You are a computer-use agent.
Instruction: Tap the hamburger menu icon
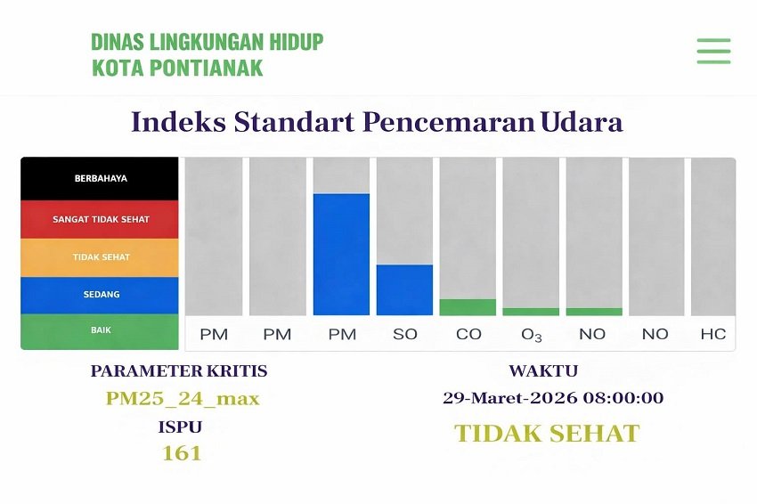point(713,51)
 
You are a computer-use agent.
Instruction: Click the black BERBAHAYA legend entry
point(100,178)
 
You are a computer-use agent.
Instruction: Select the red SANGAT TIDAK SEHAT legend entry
point(100,219)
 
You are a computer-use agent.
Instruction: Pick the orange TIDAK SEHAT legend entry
point(100,257)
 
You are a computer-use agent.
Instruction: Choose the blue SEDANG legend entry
point(100,295)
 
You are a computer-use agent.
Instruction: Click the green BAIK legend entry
point(100,330)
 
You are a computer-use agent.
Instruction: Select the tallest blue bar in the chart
point(341,254)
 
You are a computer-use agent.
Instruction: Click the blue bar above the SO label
point(404,289)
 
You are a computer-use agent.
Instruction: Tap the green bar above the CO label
point(468,307)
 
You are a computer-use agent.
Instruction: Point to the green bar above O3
point(531,312)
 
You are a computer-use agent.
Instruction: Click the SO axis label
point(405,334)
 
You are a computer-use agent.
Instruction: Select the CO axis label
point(468,334)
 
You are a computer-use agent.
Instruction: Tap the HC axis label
point(712,334)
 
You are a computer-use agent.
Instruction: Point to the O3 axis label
point(532,335)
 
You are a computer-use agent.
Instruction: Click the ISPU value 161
point(181,453)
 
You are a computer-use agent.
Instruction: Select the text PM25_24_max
point(183,398)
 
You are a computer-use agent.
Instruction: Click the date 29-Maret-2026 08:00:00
point(552,398)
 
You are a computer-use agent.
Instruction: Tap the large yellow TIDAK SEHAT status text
point(547,434)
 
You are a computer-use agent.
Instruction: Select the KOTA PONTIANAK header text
point(177,68)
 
